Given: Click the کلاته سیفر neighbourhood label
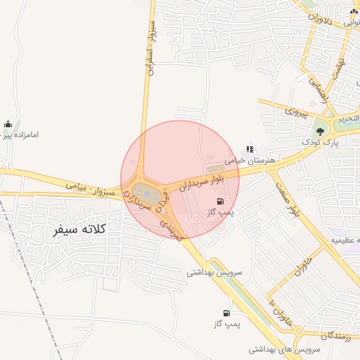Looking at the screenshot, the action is (x=79, y=229).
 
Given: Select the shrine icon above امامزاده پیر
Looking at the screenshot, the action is (x=8, y=124).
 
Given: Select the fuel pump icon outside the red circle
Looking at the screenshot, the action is (x=226, y=313).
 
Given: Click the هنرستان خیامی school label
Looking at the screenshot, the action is (x=250, y=161).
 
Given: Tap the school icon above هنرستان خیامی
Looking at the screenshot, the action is (x=250, y=149).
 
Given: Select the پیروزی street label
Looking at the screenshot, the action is (x=296, y=111).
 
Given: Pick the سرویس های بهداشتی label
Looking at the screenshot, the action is (x=284, y=349).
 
